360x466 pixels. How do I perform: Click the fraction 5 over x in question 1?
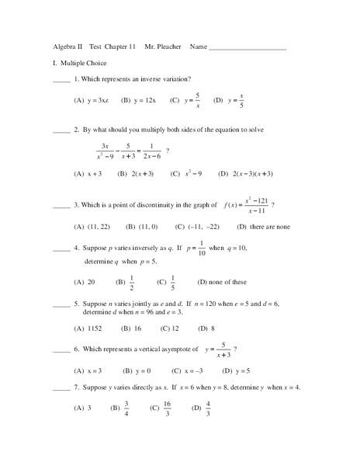tap(197, 101)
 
